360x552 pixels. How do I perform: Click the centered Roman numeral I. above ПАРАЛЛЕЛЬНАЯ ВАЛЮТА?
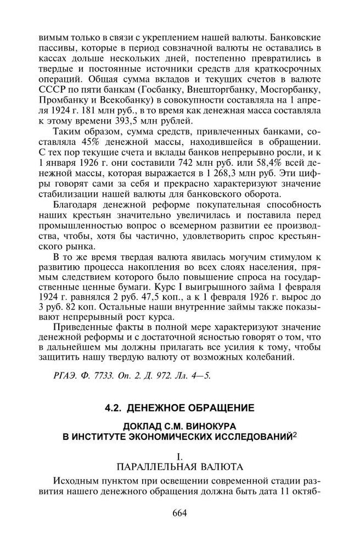point(179,456)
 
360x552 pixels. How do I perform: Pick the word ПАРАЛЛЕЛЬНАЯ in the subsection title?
point(152,467)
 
